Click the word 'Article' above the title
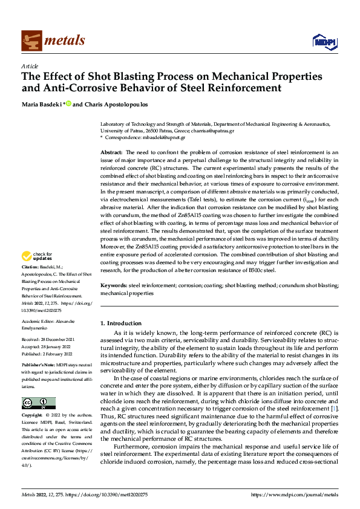coord(30,66)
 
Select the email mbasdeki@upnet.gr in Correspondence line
coord(163,137)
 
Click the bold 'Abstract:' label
coord(111,152)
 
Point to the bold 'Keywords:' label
coord(113,284)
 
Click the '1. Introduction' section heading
coord(121,323)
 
